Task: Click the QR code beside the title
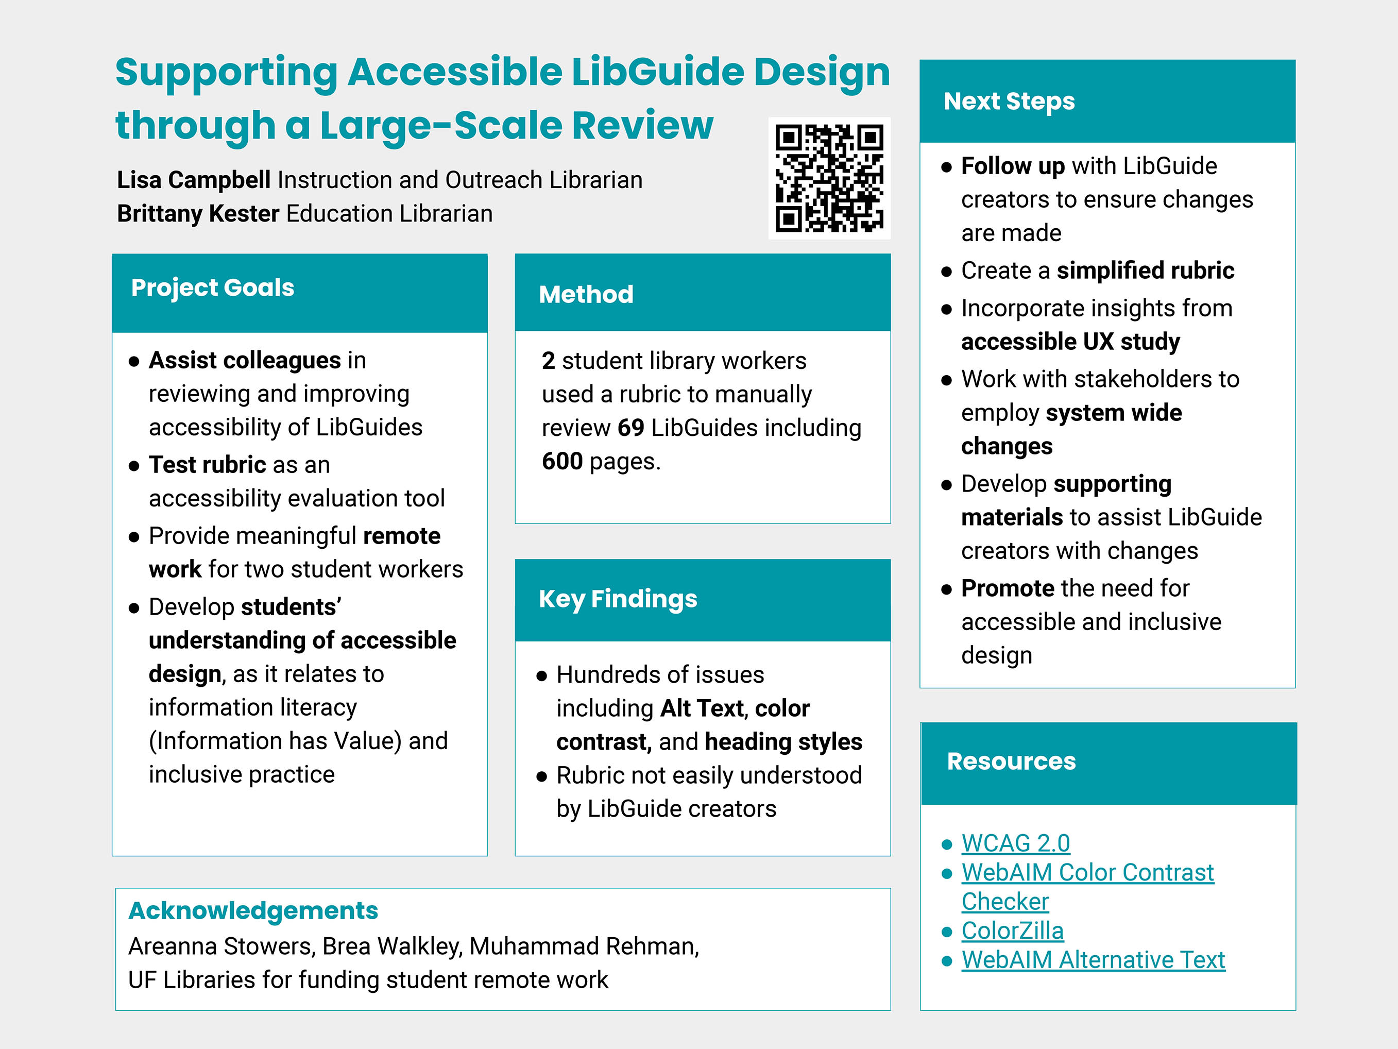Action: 829,178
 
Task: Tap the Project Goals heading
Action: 212,287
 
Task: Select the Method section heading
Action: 586,295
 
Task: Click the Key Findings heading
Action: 618,599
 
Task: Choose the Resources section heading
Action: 1011,762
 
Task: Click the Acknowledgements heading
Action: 253,911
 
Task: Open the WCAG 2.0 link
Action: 1016,843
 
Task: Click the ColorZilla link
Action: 1013,931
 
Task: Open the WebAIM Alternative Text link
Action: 1094,960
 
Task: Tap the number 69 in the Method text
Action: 630,428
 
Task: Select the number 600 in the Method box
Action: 562,462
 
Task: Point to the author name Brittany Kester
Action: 198,214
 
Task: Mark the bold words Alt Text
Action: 702,708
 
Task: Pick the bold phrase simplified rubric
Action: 1145,270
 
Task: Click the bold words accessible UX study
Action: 1070,342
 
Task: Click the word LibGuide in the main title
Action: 657,72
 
